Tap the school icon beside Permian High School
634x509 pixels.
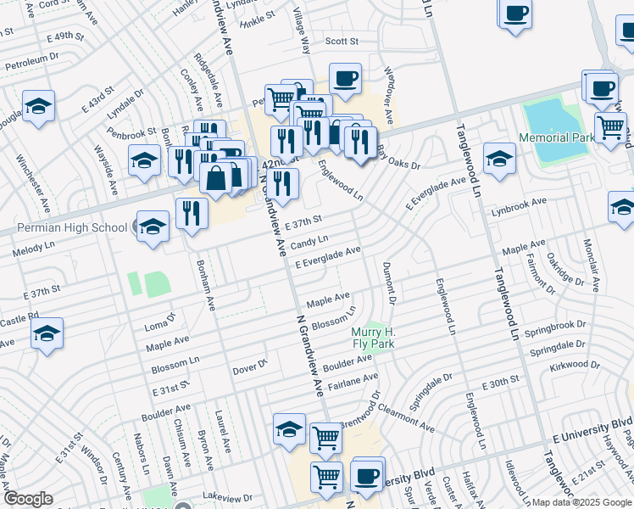tap(153, 227)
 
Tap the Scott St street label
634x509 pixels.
tap(342, 41)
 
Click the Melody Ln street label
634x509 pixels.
tap(32, 252)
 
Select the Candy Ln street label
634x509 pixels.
tap(309, 243)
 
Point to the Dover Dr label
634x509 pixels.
tap(250, 370)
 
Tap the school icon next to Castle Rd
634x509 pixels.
tap(47, 334)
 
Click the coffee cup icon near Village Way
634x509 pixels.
tap(345, 79)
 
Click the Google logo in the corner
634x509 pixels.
tap(28, 499)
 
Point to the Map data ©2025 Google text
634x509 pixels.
tap(581, 501)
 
